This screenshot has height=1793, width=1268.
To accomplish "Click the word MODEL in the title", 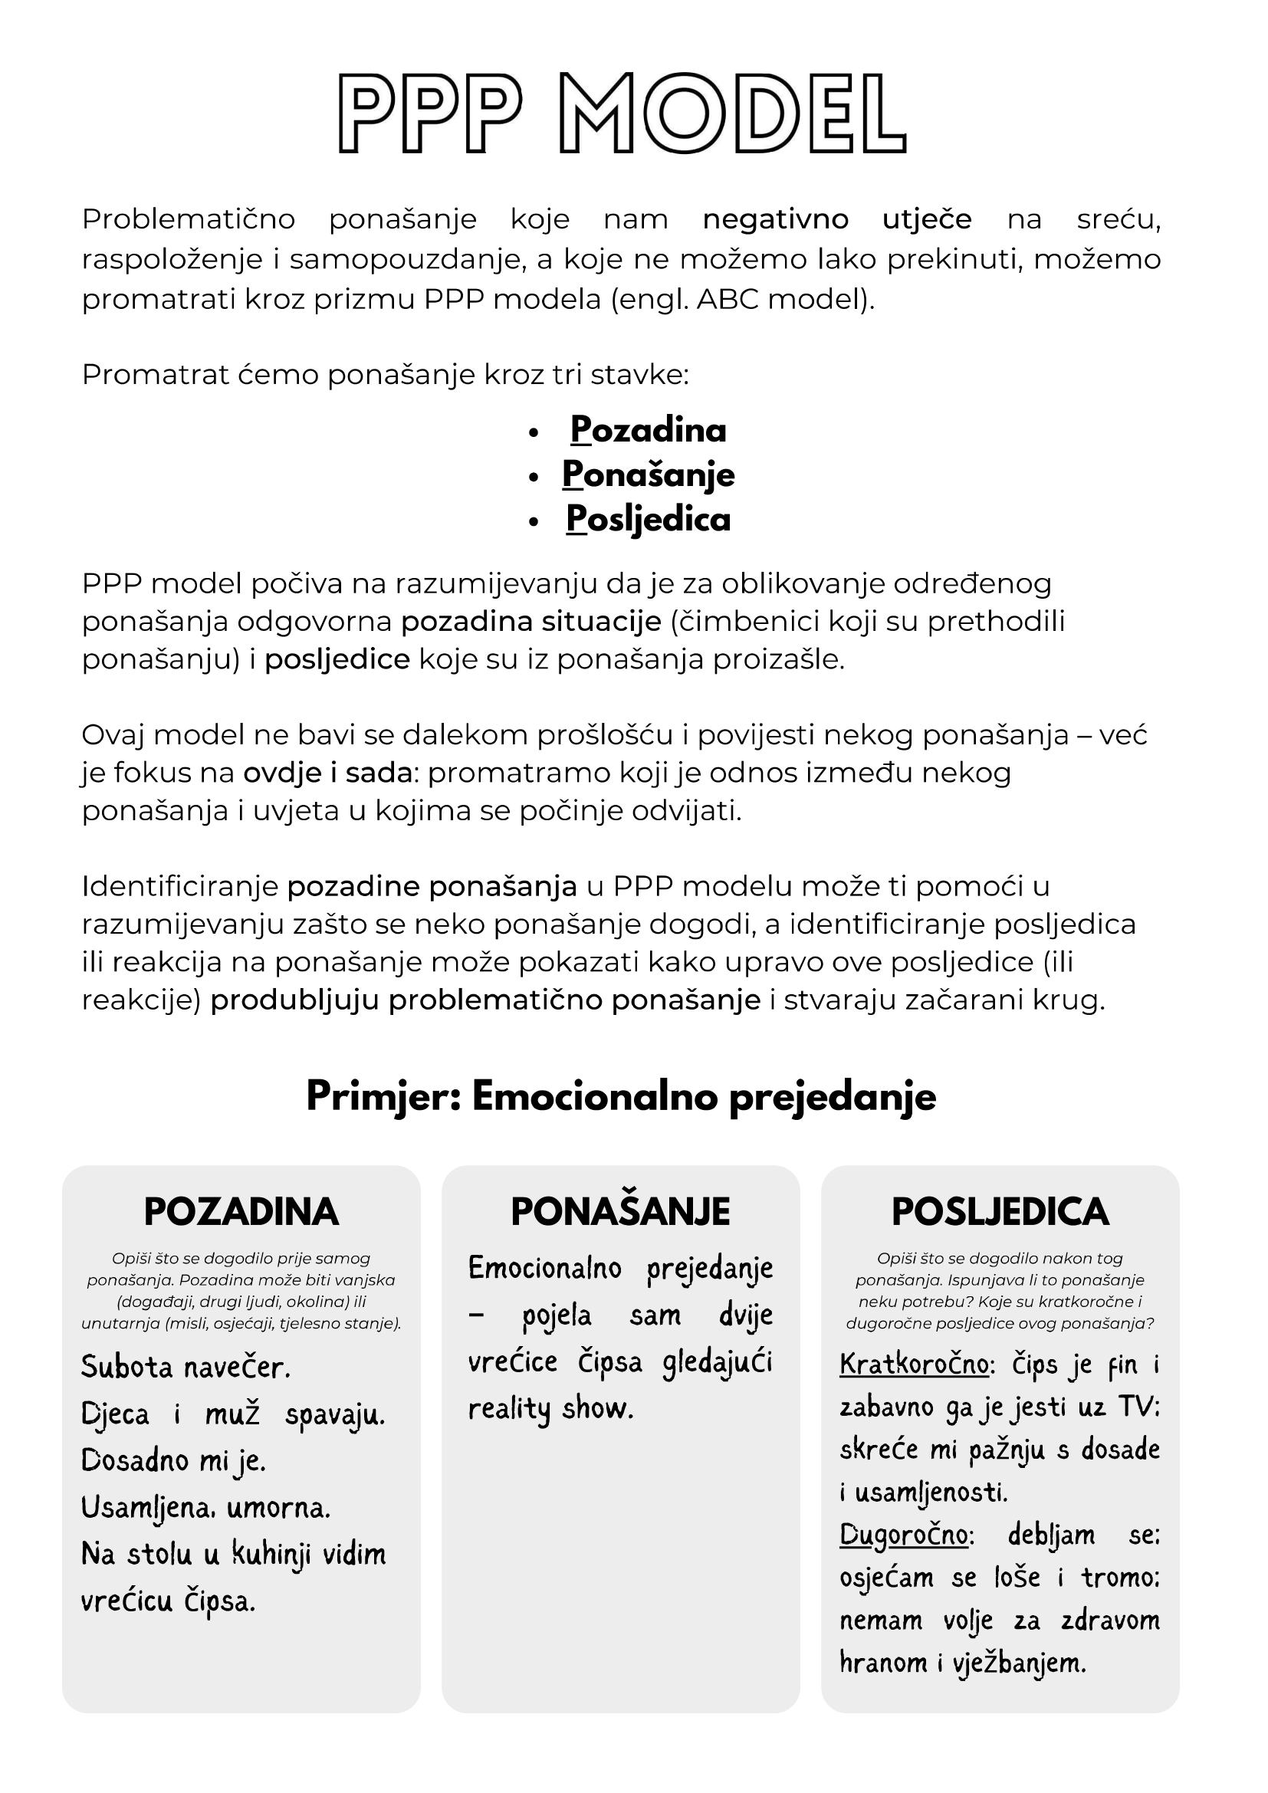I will pos(732,113).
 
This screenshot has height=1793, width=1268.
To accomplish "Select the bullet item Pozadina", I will pos(648,430).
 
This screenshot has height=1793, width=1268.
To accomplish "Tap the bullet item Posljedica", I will pos(648,519).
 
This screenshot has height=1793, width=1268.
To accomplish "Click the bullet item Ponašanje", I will pos(648,475).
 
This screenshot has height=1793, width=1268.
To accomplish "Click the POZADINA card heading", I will pos(241,1212).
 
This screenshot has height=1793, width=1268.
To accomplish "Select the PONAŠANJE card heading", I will pos(621,1212).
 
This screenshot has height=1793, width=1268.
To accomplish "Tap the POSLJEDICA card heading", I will pos(1000,1212).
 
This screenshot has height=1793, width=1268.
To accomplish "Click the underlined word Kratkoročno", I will pos(915,1364).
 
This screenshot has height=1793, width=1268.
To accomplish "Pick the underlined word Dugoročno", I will pos(904,1535).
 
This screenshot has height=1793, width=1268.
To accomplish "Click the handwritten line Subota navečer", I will pos(186,1367).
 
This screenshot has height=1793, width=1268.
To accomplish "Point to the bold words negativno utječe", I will pos(837,219).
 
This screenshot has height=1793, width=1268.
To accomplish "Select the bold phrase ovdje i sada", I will pos(327,773).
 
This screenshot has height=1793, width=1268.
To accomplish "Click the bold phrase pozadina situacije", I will pos(531,622).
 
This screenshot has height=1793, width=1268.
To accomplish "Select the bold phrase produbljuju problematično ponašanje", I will pos(485,1000).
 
